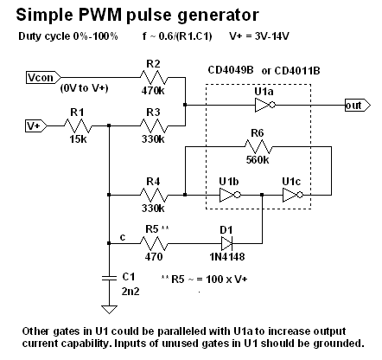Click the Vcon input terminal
click(x=43, y=78)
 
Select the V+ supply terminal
click(x=36, y=126)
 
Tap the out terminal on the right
click(x=358, y=106)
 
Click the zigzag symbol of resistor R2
click(x=154, y=78)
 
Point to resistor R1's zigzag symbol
click(x=78, y=126)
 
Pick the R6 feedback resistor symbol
click(x=258, y=147)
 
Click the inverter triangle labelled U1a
click(x=265, y=106)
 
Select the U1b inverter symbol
click(x=230, y=196)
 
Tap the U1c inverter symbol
click(x=293, y=196)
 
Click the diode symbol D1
click(x=227, y=244)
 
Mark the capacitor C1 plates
click(x=110, y=278)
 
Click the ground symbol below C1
click(x=110, y=310)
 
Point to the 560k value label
click(x=258, y=160)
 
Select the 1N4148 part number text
click(x=227, y=256)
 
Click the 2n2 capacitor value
click(x=131, y=292)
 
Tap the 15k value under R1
click(x=78, y=139)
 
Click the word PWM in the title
click(x=100, y=15)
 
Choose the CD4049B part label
click(x=231, y=70)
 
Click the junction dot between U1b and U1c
click(x=262, y=195)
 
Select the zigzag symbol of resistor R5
click(x=154, y=244)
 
